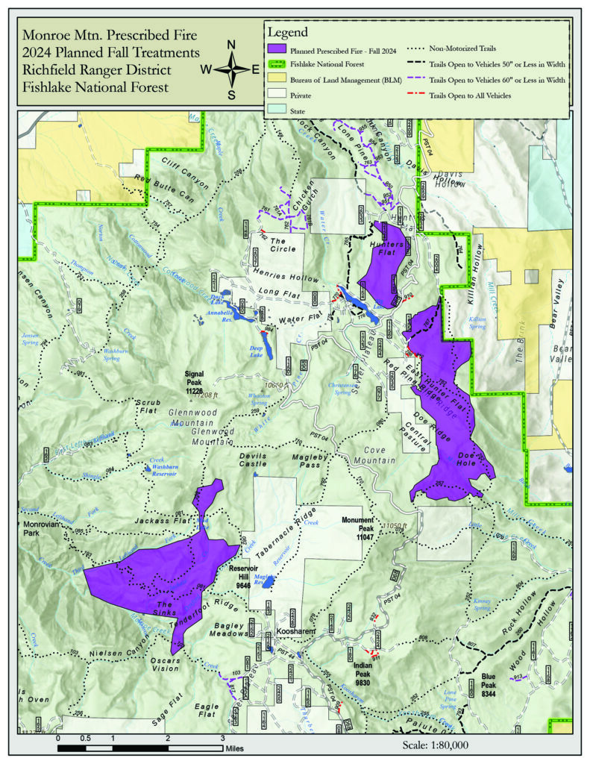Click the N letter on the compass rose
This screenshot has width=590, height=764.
coord(231,43)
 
